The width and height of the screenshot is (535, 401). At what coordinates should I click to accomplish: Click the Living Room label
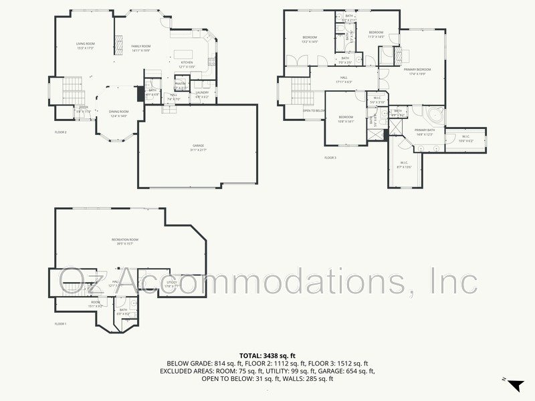tap(85, 44)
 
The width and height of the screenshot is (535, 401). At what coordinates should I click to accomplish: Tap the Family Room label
tap(141, 45)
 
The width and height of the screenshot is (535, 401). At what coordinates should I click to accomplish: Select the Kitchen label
tap(187, 63)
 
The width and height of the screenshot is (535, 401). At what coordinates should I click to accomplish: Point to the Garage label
tap(198, 145)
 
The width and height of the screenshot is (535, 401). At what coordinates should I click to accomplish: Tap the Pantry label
tap(181, 84)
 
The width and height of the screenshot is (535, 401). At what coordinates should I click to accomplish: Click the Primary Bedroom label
tap(417, 70)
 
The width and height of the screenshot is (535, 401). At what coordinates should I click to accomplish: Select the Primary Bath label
tap(425, 130)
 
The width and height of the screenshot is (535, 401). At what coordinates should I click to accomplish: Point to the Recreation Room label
tap(124, 239)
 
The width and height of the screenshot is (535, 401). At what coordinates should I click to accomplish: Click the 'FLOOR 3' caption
tap(330, 158)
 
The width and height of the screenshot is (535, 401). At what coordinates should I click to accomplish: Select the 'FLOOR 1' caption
tap(61, 324)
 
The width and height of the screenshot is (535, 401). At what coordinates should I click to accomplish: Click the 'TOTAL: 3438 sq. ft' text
tap(267, 356)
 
